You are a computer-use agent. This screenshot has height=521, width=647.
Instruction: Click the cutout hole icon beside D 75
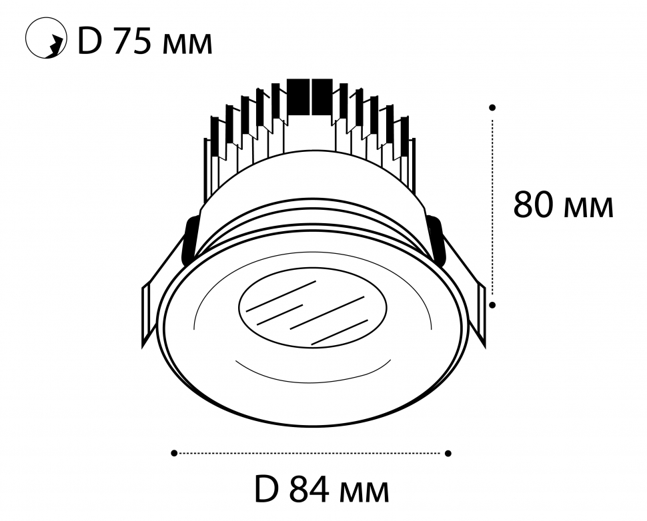46,38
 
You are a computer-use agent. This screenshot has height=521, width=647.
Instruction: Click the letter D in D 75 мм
89,41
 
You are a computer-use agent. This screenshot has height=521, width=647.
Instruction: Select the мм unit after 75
187,45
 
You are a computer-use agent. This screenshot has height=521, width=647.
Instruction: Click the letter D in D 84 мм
267,490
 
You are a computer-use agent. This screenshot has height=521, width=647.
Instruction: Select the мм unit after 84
364,494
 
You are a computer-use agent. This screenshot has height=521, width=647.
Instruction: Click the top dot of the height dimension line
492,107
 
